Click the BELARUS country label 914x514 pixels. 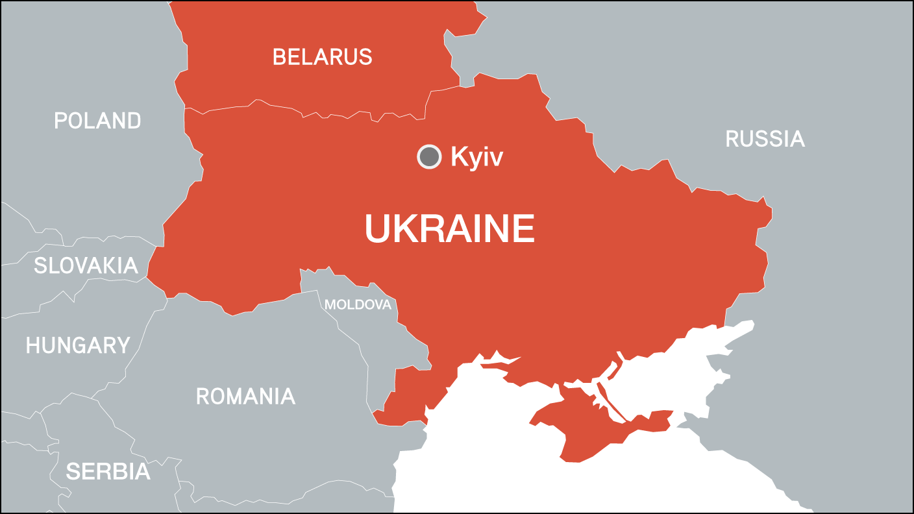[322, 56]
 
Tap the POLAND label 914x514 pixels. [97, 121]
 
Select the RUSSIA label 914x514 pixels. [765, 139]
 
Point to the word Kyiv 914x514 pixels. [476, 158]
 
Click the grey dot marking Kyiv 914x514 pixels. [428, 156]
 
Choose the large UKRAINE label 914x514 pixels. [449, 229]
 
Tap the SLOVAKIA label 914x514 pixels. [86, 265]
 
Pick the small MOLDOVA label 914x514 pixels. [358, 304]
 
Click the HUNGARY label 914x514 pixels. [78, 345]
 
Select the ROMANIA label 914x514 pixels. [245, 396]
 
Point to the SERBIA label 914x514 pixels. [108, 472]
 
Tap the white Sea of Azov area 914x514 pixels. [669, 376]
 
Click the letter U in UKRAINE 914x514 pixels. [377, 229]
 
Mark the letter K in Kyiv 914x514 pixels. [458, 157]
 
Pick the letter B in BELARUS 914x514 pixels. [279, 56]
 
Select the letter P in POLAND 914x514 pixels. [60, 121]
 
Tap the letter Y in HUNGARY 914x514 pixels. [123, 345]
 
